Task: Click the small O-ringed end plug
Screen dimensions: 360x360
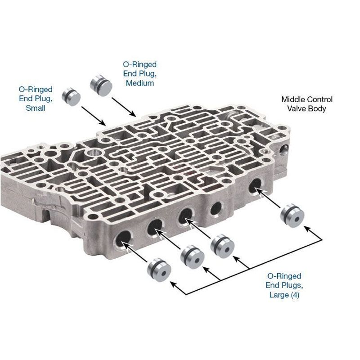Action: [71, 96]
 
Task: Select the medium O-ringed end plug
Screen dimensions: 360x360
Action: [101, 85]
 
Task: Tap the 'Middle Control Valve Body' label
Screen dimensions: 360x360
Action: [307, 104]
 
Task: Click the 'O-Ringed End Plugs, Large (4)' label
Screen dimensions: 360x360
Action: [284, 285]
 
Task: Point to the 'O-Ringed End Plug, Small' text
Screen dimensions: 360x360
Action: [36, 99]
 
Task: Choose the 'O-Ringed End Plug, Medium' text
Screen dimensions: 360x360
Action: [140, 73]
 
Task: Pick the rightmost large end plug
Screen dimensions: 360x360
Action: [292, 216]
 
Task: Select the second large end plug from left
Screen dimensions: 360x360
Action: [193, 256]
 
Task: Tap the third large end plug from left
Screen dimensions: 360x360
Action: [222, 246]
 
